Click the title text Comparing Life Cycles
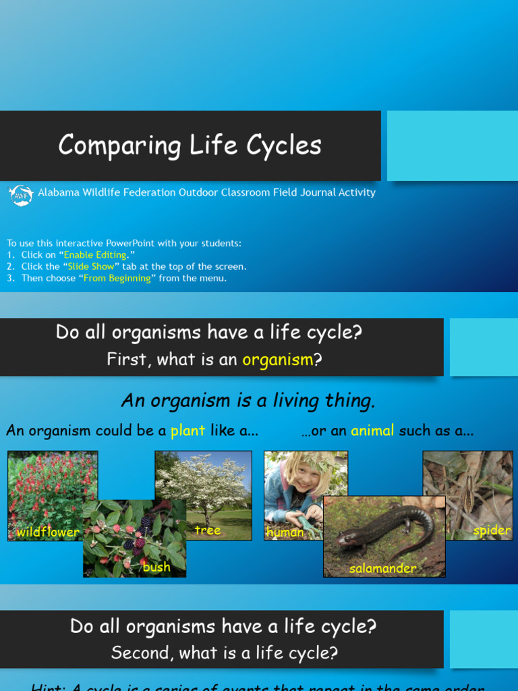click(x=190, y=145)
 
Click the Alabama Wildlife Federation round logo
click(x=20, y=194)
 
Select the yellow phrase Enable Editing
click(x=95, y=255)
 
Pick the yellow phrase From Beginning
click(x=117, y=278)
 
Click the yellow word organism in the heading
click(x=278, y=360)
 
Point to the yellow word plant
click(x=188, y=431)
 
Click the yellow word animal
click(x=372, y=431)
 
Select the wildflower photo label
click(x=48, y=532)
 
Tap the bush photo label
click(x=156, y=567)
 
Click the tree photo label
click(x=208, y=530)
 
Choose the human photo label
click(x=285, y=532)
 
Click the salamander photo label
click(x=382, y=568)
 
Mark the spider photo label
click(x=492, y=530)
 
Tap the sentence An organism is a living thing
click(x=248, y=401)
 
